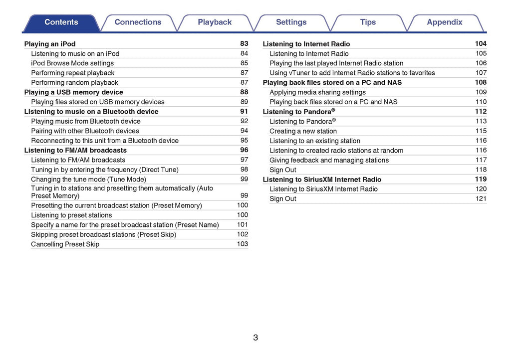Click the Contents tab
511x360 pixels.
pos(61,22)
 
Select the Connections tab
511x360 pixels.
pos(138,22)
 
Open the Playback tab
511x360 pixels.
pos(215,22)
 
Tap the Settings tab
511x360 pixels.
pos(291,22)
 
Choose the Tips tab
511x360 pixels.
pos(368,22)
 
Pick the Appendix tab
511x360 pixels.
pos(445,22)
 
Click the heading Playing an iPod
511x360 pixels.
pos(50,44)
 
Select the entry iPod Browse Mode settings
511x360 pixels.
pos(72,63)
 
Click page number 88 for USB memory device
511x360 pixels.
pos(244,92)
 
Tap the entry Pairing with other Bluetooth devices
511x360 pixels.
pos(85,131)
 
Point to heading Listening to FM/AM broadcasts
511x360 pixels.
pos(75,151)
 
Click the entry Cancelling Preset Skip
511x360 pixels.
pos(65,244)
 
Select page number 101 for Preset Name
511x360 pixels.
pos(243,225)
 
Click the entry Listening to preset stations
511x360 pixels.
pos(71,215)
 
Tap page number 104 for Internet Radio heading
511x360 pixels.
pos(481,44)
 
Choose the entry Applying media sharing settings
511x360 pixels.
pos(317,92)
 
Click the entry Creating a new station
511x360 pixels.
pos(303,131)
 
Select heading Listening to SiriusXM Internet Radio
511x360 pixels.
pos(322,180)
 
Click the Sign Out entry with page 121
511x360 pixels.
pos(283,199)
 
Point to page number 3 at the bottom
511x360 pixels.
pos(255,338)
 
